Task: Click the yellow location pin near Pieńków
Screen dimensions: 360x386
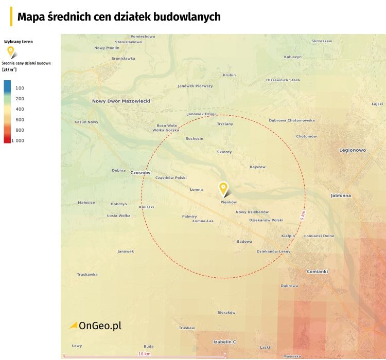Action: coord(223,188)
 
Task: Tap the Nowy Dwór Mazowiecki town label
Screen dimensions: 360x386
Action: coord(121,101)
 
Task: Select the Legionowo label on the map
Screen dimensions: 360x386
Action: coord(352,150)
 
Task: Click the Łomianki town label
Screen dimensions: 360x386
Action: coord(317,271)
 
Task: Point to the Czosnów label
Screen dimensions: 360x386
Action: coord(140,173)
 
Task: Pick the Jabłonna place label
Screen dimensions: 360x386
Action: coord(341,195)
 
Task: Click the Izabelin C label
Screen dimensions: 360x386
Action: coord(224,341)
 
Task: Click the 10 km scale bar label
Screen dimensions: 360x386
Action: coord(144,354)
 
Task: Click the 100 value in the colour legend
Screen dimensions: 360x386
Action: coord(20,88)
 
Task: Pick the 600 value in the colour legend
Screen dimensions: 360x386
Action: coord(20,119)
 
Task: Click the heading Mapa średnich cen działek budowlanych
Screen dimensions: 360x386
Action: coord(119,17)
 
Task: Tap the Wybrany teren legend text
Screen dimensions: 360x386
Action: coord(19,41)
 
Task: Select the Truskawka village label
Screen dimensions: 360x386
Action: coord(87,274)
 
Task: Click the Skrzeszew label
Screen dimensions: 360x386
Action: coord(322,41)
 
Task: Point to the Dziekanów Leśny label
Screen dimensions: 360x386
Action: coord(273,251)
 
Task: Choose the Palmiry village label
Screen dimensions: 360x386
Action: coord(189,217)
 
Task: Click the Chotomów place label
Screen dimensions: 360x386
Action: coord(306,136)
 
